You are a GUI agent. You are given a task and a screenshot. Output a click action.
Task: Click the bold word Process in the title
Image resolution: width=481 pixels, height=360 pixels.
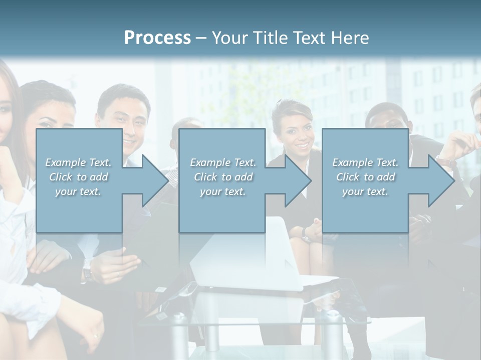click(157, 37)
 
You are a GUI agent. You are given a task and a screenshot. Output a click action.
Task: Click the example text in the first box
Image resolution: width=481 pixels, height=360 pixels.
click(78, 176)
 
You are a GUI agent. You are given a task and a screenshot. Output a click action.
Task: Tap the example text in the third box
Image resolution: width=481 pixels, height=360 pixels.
click(365, 176)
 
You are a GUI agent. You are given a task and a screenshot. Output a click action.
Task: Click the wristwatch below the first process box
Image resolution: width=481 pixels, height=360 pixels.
click(88, 271)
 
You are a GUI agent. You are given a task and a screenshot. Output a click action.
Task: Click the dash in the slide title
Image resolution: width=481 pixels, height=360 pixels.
click(201, 38)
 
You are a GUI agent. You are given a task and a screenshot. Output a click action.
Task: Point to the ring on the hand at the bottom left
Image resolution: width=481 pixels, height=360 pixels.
click(96, 335)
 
